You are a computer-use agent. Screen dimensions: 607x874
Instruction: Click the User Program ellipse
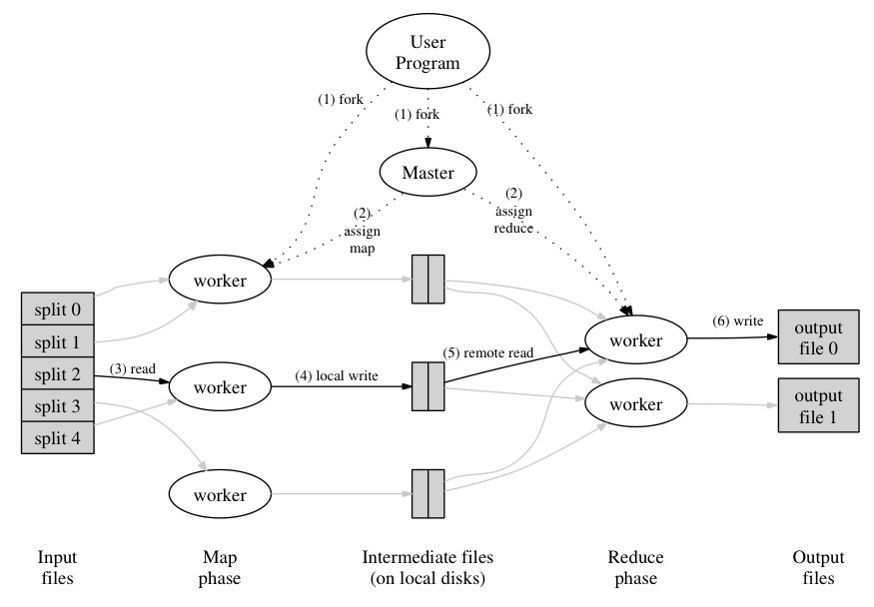click(428, 53)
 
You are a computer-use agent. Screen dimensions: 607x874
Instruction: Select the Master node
click(428, 173)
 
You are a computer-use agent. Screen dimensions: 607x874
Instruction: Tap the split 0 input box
click(58, 309)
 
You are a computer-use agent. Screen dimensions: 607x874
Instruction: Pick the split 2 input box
click(58, 374)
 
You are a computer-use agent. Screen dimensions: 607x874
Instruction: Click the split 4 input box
click(58, 438)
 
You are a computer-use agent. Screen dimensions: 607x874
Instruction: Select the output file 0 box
click(818, 339)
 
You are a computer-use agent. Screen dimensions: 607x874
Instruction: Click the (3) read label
click(133, 368)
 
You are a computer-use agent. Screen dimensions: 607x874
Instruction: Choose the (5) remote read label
click(489, 352)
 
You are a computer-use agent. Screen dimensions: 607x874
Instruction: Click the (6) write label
click(737, 321)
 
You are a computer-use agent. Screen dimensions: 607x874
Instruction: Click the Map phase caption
click(221, 568)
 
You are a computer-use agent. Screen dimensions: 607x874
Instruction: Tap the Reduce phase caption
click(635, 568)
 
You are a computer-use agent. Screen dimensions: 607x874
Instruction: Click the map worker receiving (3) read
click(221, 386)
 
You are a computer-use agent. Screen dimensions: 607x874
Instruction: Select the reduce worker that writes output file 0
click(635, 340)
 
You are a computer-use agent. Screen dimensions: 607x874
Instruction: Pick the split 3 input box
click(58, 406)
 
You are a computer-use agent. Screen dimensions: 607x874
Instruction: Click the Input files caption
click(57, 568)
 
